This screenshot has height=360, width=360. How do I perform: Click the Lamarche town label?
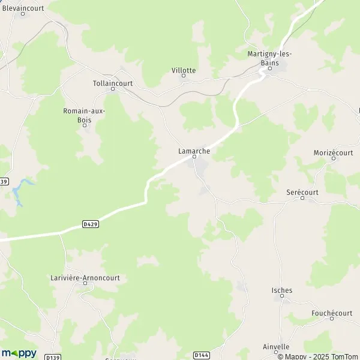194,151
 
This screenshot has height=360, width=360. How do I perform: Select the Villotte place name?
184,70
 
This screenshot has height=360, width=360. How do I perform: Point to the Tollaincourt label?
113,84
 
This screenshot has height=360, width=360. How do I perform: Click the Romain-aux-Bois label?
84,115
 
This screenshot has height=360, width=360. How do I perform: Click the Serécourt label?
302,192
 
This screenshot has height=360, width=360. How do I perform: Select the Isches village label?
282,290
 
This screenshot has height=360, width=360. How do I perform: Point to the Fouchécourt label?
332,313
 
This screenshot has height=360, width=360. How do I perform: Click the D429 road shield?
90,224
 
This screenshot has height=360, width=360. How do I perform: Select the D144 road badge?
202,355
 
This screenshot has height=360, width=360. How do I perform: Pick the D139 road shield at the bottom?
51,355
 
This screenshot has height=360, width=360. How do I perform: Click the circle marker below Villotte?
184,76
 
